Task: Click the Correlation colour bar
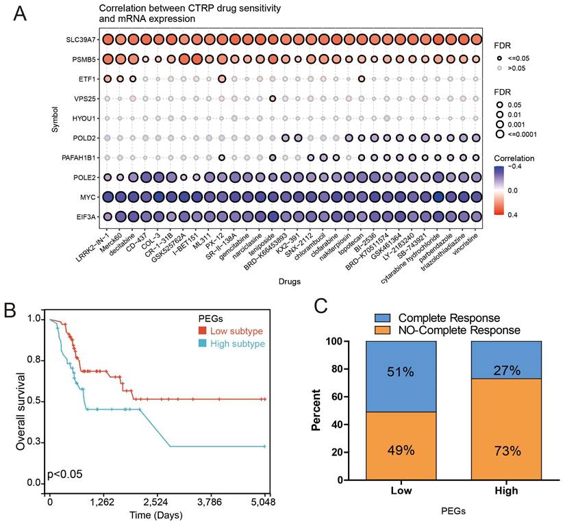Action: (x=501, y=194)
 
